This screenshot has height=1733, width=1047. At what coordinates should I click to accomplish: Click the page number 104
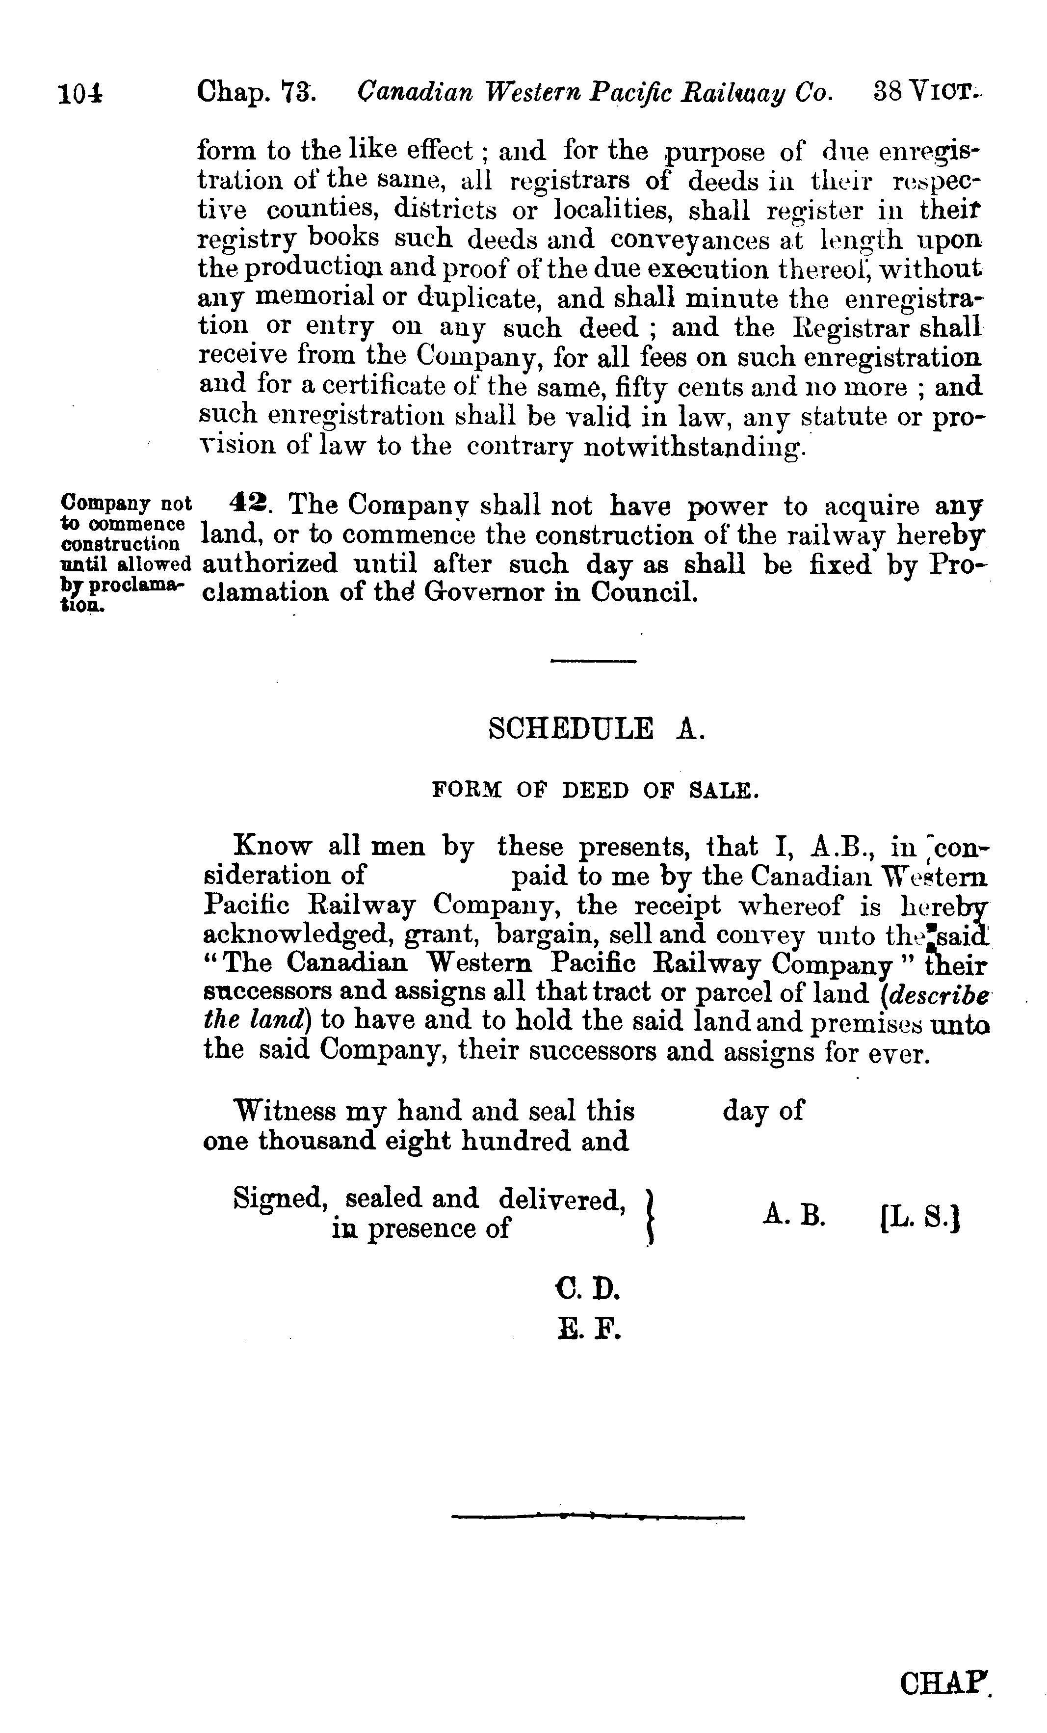81,94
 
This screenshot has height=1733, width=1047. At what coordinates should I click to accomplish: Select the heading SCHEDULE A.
595,729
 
